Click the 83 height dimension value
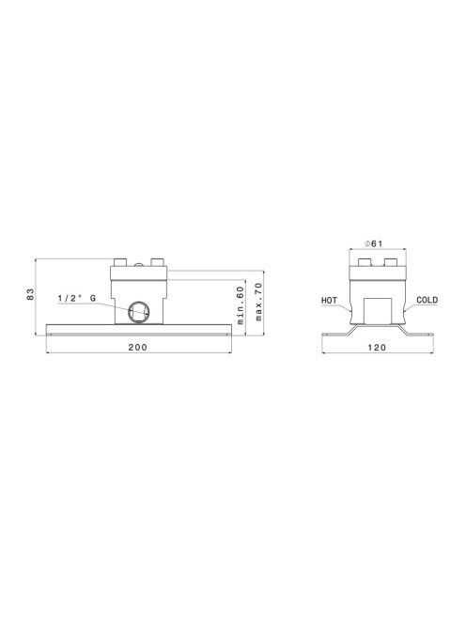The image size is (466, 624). pyautogui.click(x=31, y=294)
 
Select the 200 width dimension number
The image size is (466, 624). pyautogui.click(x=138, y=347)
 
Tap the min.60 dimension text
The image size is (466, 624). pyautogui.click(x=240, y=305)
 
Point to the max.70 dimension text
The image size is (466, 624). pyautogui.click(x=258, y=302)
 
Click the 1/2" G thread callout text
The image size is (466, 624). pyautogui.click(x=77, y=298)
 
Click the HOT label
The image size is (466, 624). pyautogui.click(x=329, y=301)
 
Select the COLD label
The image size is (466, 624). pyautogui.click(x=427, y=300)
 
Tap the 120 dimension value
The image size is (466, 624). pyautogui.click(x=377, y=348)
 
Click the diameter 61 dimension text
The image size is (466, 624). pyautogui.click(x=374, y=243)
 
